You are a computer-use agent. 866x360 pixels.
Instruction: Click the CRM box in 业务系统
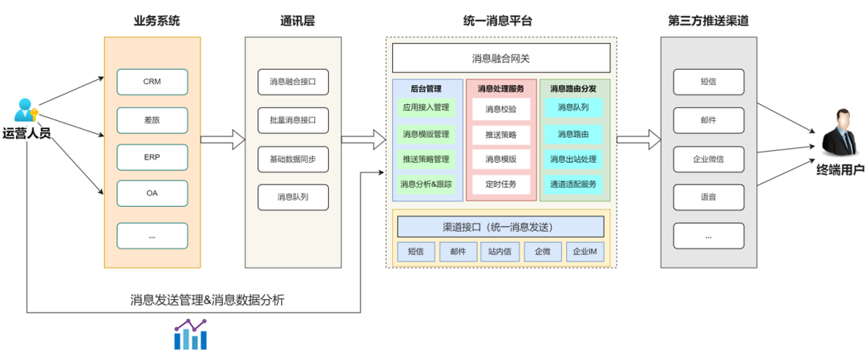[152, 82]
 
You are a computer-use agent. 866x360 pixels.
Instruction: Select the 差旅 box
[152, 120]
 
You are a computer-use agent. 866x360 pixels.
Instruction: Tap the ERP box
[152, 157]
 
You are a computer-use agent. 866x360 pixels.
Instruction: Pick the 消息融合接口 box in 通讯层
[293, 82]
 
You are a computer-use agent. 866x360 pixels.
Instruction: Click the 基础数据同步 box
[293, 159]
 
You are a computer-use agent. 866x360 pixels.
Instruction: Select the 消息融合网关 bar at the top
[500, 59]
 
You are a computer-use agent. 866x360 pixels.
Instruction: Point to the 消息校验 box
[500, 108]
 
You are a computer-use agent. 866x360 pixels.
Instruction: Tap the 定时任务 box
[500, 184]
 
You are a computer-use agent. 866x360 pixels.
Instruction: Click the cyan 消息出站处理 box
[573, 159]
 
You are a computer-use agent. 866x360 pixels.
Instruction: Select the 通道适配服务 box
[573, 184]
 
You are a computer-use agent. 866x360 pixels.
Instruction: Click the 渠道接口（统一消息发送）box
[500, 227]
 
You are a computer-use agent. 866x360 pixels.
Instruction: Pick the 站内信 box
[500, 252]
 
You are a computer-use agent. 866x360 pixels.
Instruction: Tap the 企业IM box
[585, 252]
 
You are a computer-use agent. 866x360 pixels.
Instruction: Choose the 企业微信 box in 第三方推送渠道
[708, 159]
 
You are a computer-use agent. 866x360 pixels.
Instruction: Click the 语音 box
[708, 196]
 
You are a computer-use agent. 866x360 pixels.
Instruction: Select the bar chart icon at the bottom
[191, 335]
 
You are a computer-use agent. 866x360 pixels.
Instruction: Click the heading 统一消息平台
[498, 21]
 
